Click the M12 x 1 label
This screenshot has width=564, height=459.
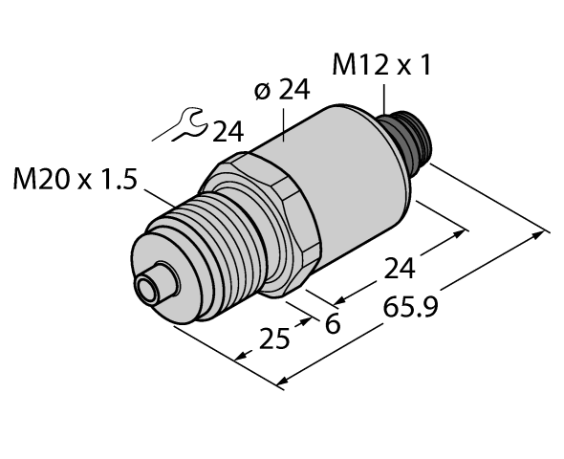point(381,66)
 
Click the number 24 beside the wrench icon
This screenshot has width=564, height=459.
point(227,132)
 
